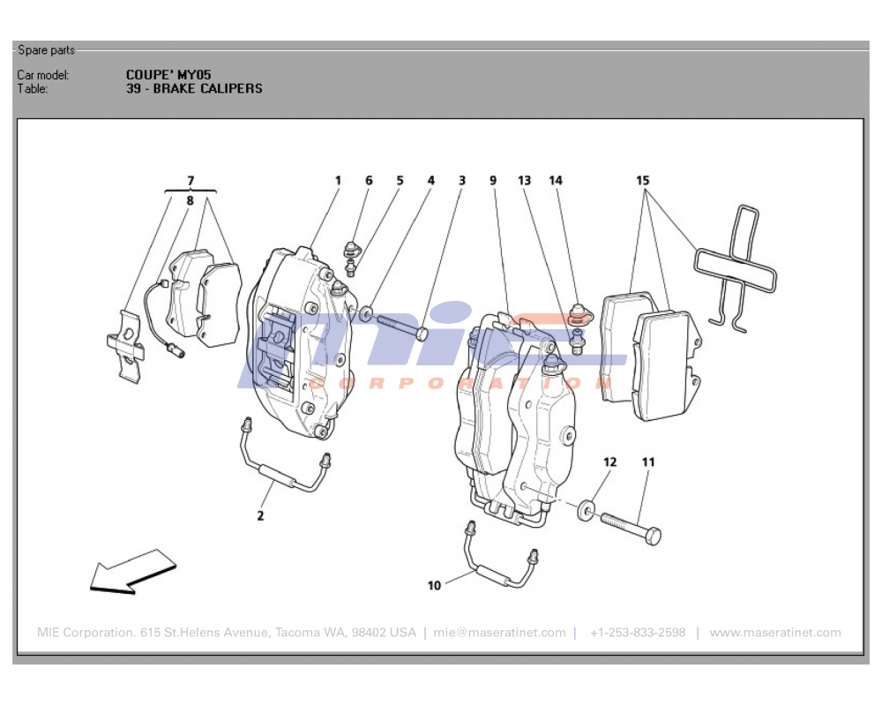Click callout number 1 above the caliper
coord(338,181)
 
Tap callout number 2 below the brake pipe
coord(260,515)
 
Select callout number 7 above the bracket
coord(191,181)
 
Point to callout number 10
coord(434,585)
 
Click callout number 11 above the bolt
coord(648,462)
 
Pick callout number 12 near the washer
coord(610,462)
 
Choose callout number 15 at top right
coord(643,181)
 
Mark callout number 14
coord(556,181)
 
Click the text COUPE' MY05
coord(168,75)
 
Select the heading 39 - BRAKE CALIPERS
coord(194,88)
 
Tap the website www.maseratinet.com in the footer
coord(775,633)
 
